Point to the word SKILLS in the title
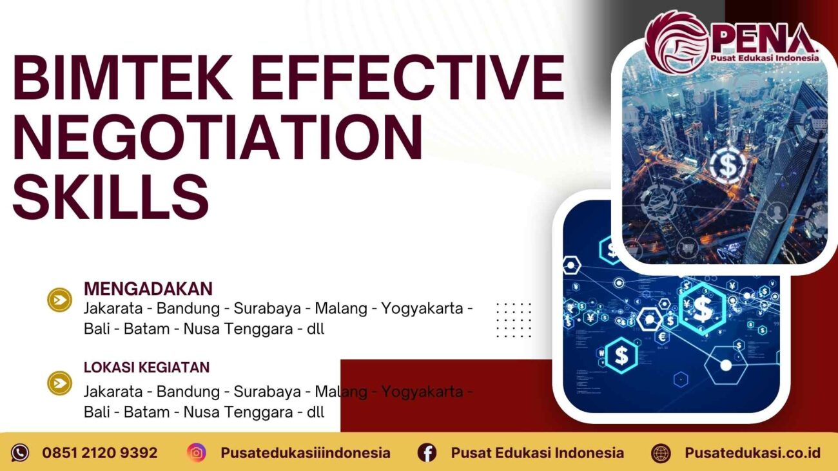[x=111, y=195]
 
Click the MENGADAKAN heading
[x=148, y=288]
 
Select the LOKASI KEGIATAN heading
[x=146, y=367]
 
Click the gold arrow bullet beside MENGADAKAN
[x=60, y=300]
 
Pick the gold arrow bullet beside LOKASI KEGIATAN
[x=60, y=383]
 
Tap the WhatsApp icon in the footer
[x=20, y=453]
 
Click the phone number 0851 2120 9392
[x=100, y=453]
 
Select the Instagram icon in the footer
[x=197, y=453]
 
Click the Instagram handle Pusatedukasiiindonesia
[x=305, y=453]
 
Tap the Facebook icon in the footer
[x=427, y=453]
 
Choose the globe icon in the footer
[x=661, y=453]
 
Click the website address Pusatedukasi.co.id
[x=752, y=453]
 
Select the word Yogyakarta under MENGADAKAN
[x=422, y=308]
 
